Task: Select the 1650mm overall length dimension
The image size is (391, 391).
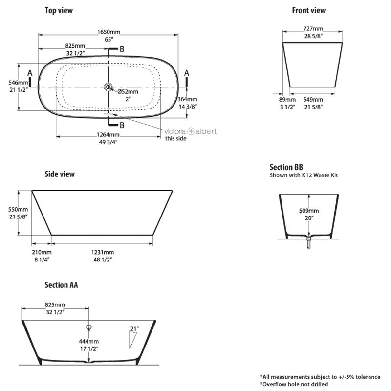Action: coord(108,32)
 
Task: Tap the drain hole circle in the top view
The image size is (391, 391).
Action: coord(108,87)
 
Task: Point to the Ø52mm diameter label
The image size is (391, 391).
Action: coord(127,91)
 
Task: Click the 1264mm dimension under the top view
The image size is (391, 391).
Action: coord(107,135)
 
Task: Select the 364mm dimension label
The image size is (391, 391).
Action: coord(188,99)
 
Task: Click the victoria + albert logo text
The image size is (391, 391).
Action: coord(191,131)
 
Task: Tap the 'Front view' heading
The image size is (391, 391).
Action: coord(308,10)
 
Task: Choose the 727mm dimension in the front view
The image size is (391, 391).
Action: coord(312,29)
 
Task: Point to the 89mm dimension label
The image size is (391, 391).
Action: coord(285,99)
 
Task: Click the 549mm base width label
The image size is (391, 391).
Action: coord(312,99)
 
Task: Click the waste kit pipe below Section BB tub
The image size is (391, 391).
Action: coord(308,242)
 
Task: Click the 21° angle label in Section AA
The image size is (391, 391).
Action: coord(134,328)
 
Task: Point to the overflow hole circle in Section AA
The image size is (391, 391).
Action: coord(89,326)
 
